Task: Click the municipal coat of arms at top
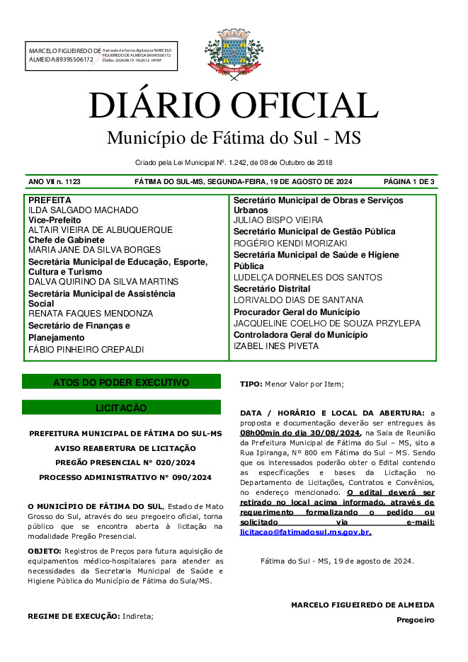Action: coord(233,53)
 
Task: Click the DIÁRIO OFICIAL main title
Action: coord(233,105)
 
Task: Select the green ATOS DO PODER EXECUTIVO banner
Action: coord(121,382)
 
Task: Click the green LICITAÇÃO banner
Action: coord(121,408)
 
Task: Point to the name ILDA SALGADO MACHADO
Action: coord(83,211)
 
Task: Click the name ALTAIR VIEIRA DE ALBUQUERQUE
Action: coord(100,230)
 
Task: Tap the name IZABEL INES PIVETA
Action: coord(276,346)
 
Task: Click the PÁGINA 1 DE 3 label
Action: coord(409,182)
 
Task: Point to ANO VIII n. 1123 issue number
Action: coord(55,182)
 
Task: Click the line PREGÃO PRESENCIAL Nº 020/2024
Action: coord(125,462)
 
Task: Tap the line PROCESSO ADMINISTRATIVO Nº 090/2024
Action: coord(125,477)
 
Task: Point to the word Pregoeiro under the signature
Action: coord(415,620)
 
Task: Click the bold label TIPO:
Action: coord(251,384)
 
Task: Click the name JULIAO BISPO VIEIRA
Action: coord(278,220)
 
